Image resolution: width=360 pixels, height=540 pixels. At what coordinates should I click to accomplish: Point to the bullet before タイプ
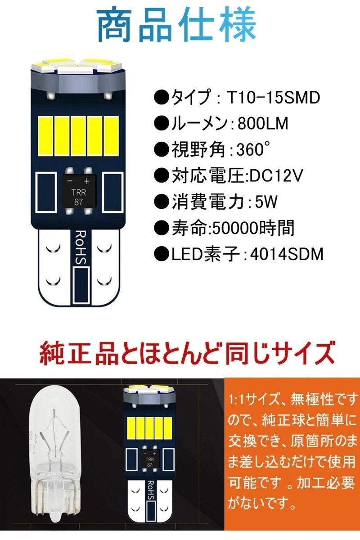(x=161, y=98)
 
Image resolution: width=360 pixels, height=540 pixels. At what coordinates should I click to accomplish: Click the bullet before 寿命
(x=161, y=229)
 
